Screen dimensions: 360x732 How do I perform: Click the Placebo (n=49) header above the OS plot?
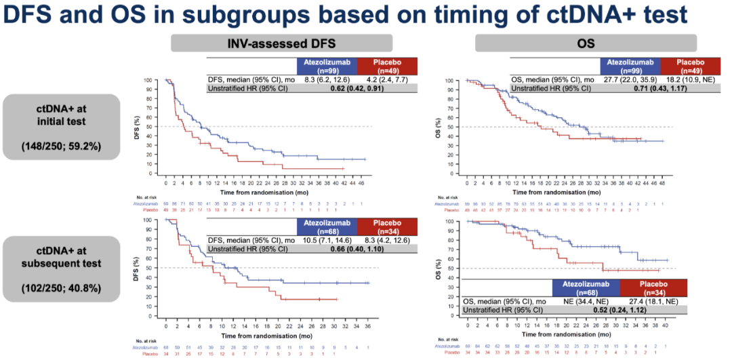(691, 66)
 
